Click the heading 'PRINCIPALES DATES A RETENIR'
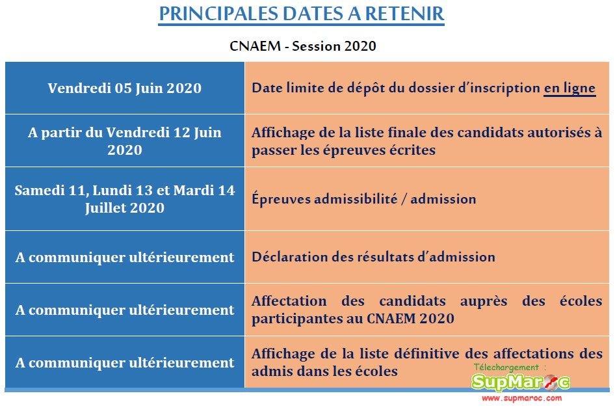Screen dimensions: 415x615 [301, 14]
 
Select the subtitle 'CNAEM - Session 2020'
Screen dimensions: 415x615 [302, 46]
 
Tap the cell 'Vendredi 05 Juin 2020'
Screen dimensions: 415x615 [124, 88]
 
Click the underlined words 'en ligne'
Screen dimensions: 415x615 [569, 88]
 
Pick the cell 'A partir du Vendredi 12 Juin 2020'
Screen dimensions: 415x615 [124, 141]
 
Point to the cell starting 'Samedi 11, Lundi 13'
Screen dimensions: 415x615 [124, 199]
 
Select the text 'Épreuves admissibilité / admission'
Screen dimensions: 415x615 [363, 199]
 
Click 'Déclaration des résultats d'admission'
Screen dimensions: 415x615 [373, 257]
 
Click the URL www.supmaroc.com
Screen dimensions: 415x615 [521, 397]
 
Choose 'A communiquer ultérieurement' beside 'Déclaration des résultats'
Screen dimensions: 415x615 [124, 257]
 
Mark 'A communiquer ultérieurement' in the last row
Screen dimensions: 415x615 [124, 362]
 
